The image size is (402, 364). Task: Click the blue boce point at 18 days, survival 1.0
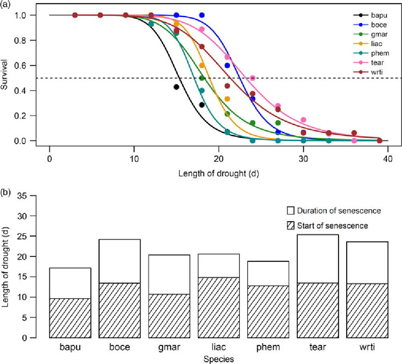[x=202, y=15]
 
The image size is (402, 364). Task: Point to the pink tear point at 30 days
[x=303, y=120]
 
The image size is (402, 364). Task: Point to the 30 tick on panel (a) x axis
[x=303, y=159]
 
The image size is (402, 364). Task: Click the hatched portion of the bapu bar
[x=70, y=318]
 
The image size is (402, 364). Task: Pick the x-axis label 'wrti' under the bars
[x=367, y=347]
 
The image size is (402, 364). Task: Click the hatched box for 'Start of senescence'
[x=291, y=226]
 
